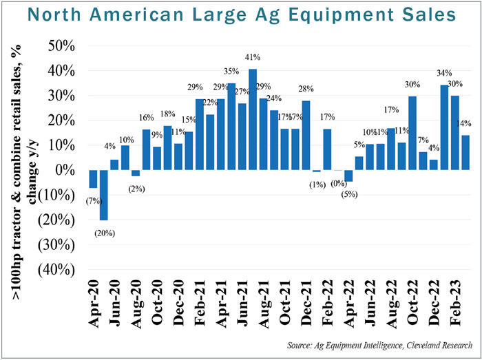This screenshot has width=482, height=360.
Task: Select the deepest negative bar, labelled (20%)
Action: [x=104, y=195]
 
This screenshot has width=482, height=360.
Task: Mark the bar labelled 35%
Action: [x=232, y=127]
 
